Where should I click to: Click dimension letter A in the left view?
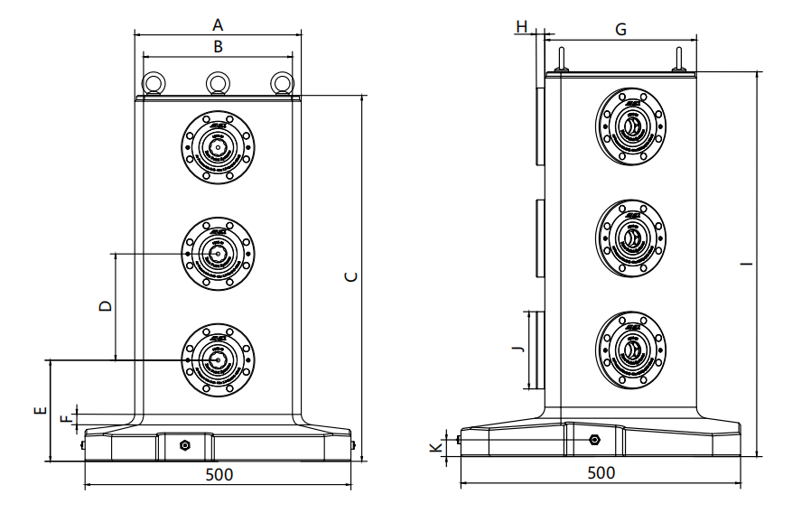pyautogui.click(x=217, y=24)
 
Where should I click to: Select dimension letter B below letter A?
pyautogui.click(x=217, y=45)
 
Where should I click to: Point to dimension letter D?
pyautogui.click(x=106, y=306)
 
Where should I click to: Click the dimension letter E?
pyautogui.click(x=39, y=412)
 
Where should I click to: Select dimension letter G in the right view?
pyautogui.click(x=620, y=30)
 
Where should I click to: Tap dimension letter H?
pyautogui.click(x=522, y=27)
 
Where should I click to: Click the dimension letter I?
pyautogui.click(x=745, y=264)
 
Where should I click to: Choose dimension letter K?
pyautogui.click(x=435, y=447)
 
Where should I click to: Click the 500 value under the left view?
pyautogui.click(x=219, y=474)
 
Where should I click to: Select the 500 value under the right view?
pyautogui.click(x=601, y=472)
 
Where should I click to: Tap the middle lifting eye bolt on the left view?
pyautogui.click(x=217, y=83)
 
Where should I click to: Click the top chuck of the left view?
pyautogui.click(x=217, y=148)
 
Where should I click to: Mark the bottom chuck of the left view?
pyautogui.click(x=217, y=358)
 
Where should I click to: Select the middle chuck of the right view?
pyautogui.click(x=632, y=238)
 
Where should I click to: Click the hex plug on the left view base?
pyautogui.click(x=185, y=445)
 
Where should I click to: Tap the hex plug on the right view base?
pyautogui.click(x=594, y=440)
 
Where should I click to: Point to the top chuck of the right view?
pyautogui.click(x=632, y=127)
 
